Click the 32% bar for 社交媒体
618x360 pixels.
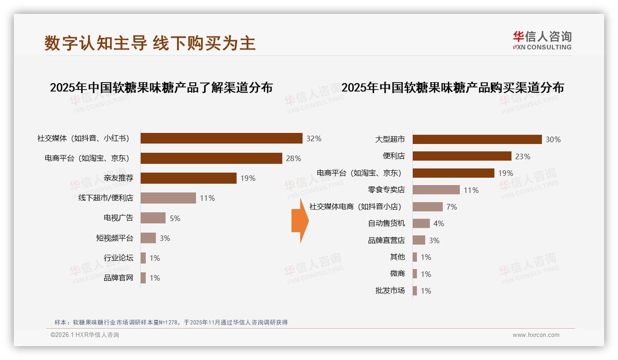221,138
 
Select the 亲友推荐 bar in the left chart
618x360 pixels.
188,178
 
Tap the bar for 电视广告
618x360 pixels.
153,218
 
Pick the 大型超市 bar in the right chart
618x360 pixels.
477,139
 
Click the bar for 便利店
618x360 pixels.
462,156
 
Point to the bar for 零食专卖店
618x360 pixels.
436,190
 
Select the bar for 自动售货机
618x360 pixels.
421,223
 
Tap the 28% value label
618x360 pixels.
293,158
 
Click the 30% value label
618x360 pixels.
553,139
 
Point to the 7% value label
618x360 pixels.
452,207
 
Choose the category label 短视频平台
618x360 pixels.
114,238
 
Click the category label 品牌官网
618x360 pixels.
118,278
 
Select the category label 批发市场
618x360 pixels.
390,291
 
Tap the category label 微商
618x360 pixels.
397,274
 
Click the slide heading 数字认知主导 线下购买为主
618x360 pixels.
150,43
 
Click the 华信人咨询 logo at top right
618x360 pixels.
542,41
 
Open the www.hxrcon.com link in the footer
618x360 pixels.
536,335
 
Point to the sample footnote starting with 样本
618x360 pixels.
171,322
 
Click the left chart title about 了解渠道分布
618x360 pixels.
161,87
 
